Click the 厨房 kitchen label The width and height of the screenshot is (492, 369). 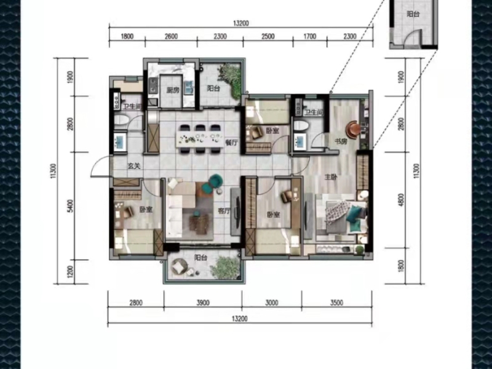click(x=173, y=90)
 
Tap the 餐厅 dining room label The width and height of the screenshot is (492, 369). click(x=231, y=143)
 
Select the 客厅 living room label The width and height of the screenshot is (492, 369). click(x=224, y=211)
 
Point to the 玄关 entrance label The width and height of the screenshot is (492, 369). click(x=133, y=166)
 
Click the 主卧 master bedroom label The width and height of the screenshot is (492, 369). click(x=331, y=177)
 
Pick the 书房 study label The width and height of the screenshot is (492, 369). click(x=341, y=142)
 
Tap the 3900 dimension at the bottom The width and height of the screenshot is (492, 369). click(x=203, y=303)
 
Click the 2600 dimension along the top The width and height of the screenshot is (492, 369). click(x=171, y=36)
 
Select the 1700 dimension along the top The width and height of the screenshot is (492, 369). click(x=310, y=36)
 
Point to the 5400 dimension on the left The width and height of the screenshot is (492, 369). click(x=71, y=206)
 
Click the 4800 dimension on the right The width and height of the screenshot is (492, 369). click(x=401, y=200)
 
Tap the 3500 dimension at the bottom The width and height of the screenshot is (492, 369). click(x=336, y=303)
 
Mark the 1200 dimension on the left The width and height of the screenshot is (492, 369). click(x=71, y=272)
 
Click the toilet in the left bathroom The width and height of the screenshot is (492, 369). click(x=121, y=120)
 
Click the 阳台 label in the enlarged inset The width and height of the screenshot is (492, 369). click(x=413, y=14)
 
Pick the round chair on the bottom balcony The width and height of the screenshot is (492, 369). click(x=179, y=266)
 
